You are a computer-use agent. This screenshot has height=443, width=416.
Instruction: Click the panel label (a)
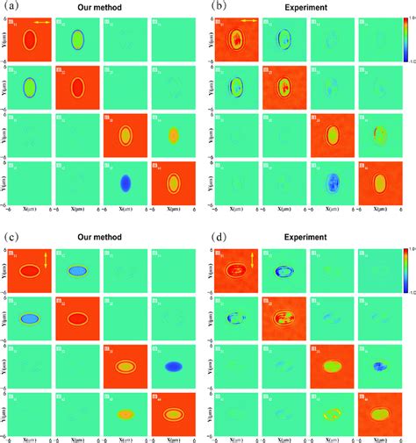tap(12, 6)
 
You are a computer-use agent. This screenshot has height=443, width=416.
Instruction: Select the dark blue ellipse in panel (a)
tap(125, 182)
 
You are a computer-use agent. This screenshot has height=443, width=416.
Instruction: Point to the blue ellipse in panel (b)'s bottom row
tap(332, 182)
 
